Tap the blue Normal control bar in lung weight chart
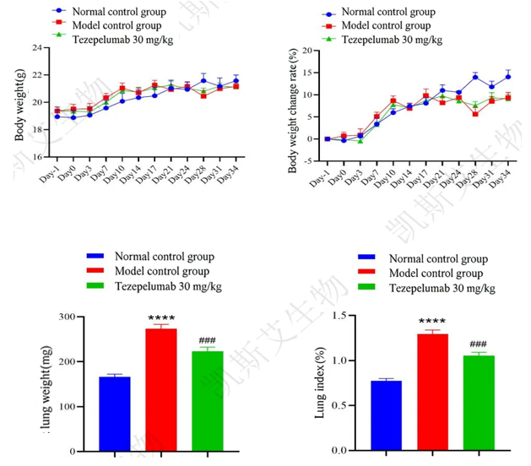114,413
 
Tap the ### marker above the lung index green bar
478,344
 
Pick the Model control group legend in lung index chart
436,274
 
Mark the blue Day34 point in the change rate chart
508,77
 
